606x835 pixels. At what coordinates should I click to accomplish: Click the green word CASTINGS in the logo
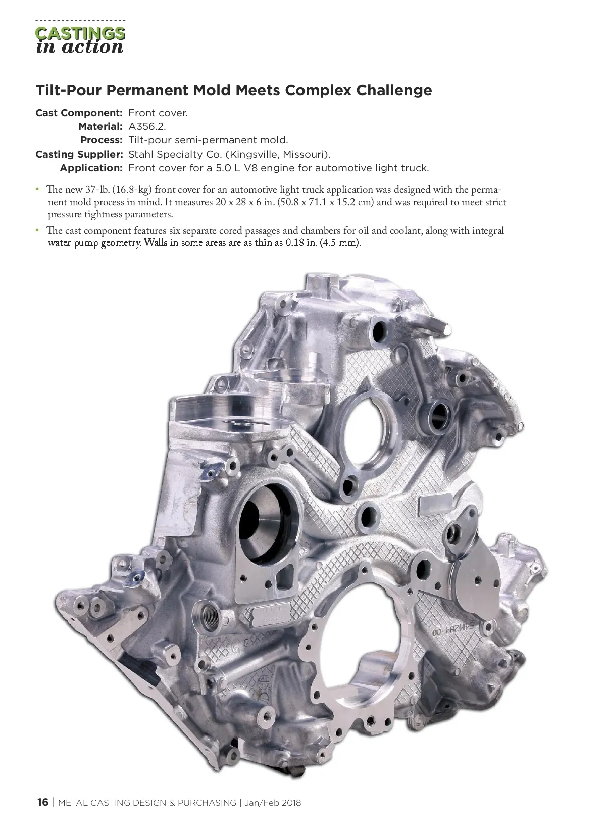[x=80, y=33]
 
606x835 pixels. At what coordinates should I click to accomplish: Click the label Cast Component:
[x=79, y=113]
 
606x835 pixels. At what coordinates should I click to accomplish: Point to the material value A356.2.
[x=147, y=127]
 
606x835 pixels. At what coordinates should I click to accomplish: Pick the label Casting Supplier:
[x=79, y=155]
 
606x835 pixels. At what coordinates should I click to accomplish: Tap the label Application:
[x=91, y=168]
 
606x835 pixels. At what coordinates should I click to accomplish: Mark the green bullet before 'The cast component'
[x=37, y=230]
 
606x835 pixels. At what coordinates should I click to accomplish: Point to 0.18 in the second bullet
[x=294, y=243]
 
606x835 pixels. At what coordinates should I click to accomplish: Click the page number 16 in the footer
[x=43, y=802]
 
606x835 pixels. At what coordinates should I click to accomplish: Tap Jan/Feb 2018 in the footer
[x=272, y=803]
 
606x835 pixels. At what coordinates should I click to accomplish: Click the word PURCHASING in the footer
[x=207, y=803]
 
